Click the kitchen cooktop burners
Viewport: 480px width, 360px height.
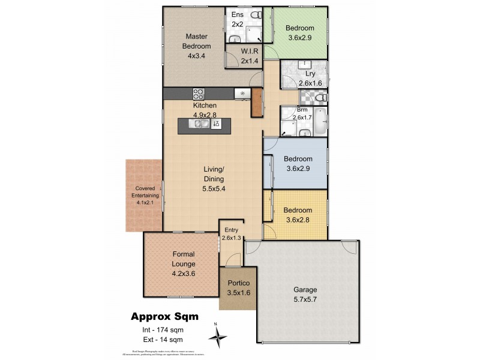point(199,94)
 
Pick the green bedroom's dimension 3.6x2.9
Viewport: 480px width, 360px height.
point(299,38)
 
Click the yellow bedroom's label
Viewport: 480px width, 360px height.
point(298,211)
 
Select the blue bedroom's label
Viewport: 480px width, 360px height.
point(298,159)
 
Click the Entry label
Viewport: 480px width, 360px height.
point(231,230)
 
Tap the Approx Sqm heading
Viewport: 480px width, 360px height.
point(163,317)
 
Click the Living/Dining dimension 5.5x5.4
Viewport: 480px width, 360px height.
point(213,187)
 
